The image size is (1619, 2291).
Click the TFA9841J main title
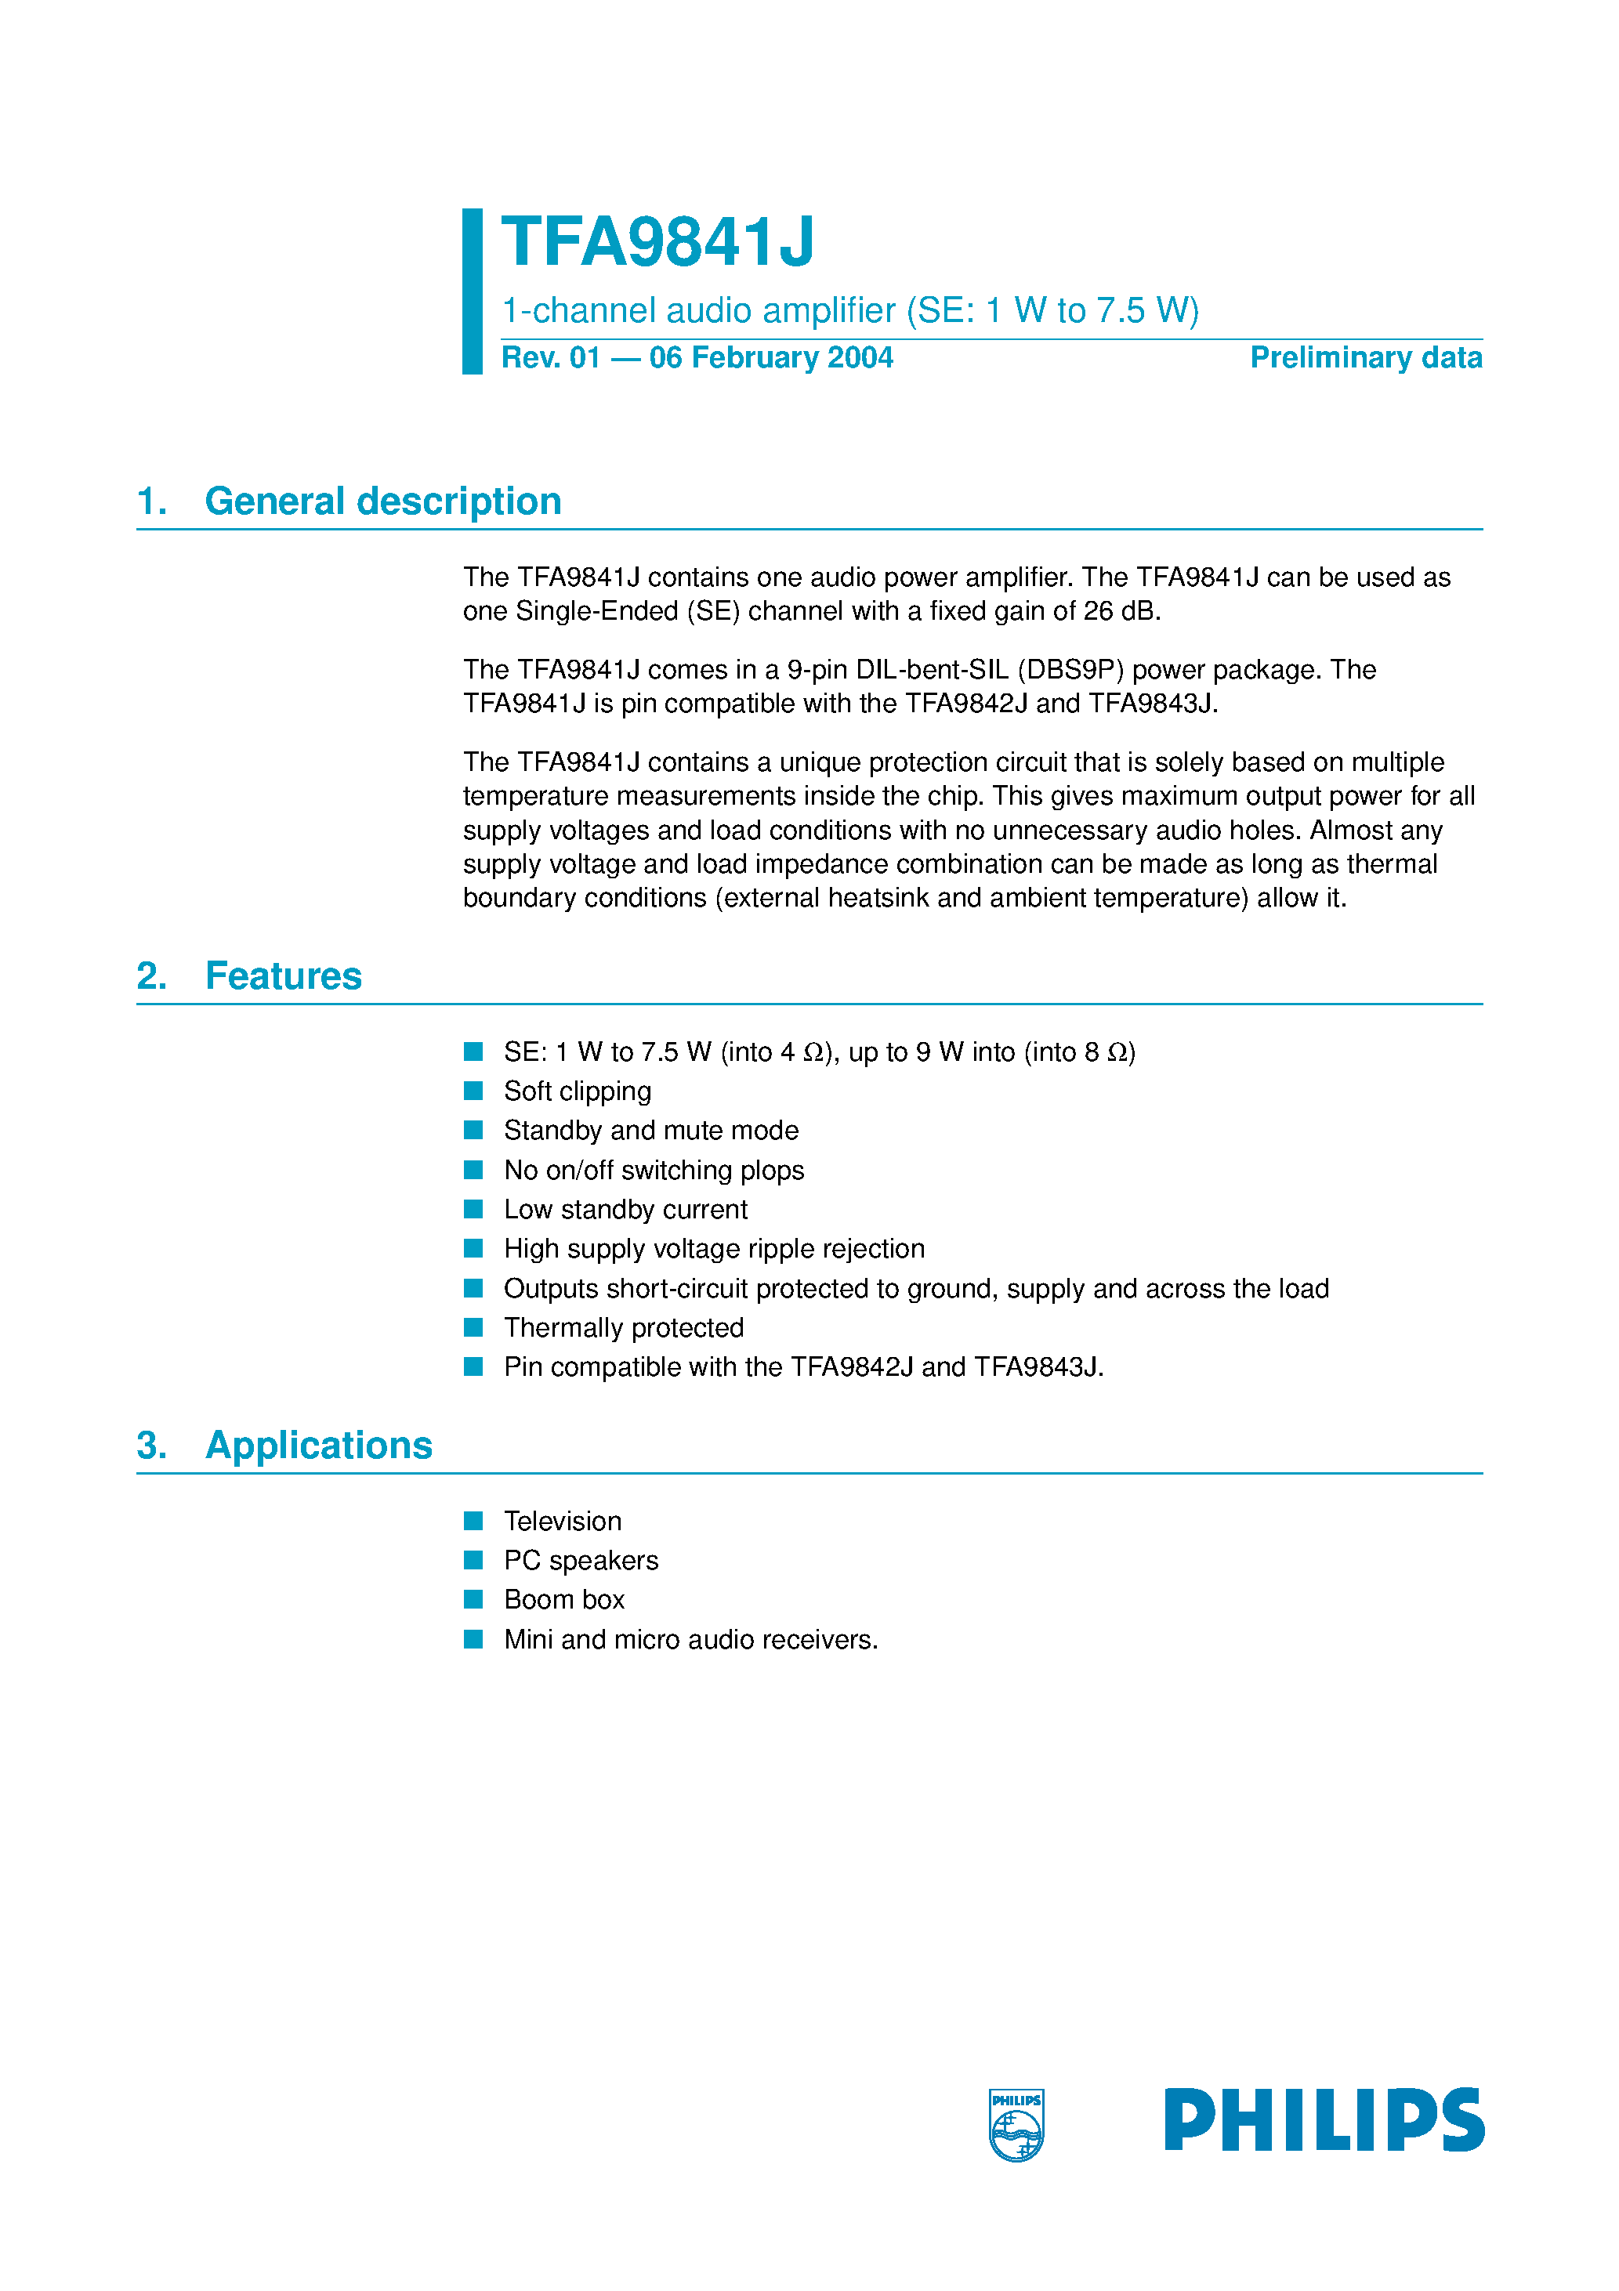coord(657,242)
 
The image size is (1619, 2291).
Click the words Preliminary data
coord(1364,357)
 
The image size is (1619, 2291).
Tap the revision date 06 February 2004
coord(770,357)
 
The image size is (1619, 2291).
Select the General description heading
coord(382,501)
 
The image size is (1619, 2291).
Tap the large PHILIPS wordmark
coord(1324,2119)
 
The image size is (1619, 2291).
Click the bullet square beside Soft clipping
coord(473,1091)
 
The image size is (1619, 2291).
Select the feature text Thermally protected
coord(623,1327)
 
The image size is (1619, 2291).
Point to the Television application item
coord(562,1521)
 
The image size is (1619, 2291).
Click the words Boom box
coord(564,1599)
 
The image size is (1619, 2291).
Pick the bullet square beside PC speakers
coord(473,1560)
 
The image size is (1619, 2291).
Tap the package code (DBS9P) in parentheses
coord(1070,670)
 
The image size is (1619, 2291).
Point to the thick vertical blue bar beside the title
coord(472,291)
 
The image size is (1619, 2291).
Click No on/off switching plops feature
coord(653,1170)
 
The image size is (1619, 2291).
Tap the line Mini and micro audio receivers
coord(690,1639)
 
